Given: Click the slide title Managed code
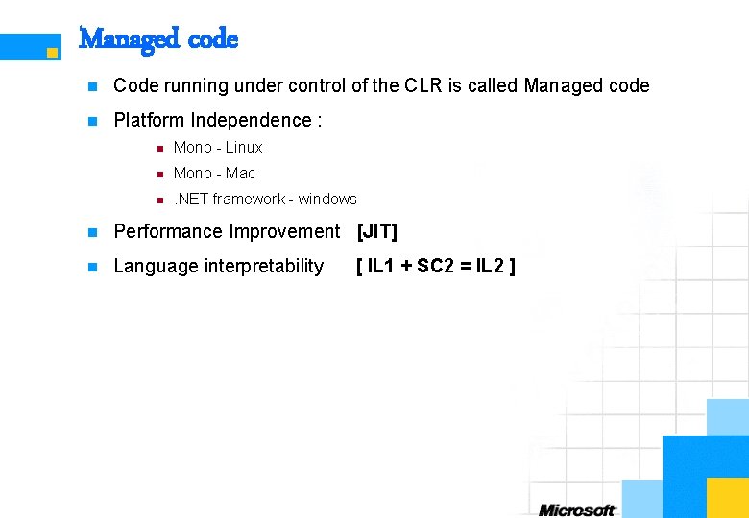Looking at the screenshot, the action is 158,39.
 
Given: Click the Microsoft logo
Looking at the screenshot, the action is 576,509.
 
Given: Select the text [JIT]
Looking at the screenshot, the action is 376,231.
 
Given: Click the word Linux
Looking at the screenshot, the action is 244,147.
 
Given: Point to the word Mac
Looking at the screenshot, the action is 240,173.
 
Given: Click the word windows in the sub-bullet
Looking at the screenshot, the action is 327,199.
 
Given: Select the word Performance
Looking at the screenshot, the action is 167,231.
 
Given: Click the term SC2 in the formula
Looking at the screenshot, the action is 436,266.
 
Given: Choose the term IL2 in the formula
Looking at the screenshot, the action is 491,266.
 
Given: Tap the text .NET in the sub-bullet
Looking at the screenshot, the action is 191,199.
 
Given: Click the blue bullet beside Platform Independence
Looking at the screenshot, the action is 92,121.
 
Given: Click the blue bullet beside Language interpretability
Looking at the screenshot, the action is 92,267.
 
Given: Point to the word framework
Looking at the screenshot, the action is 248,199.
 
